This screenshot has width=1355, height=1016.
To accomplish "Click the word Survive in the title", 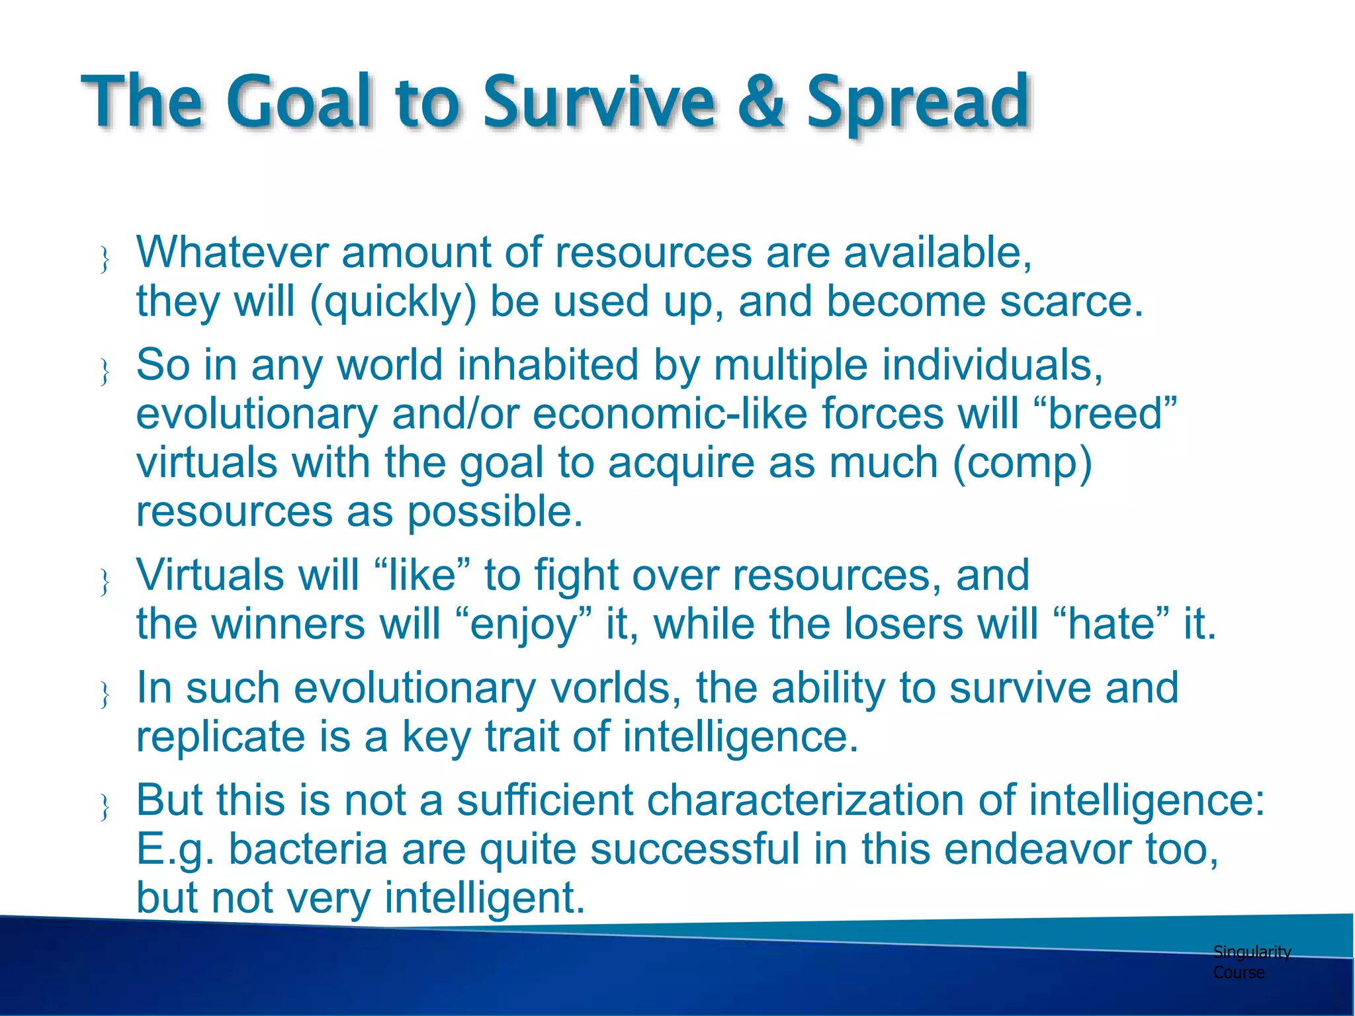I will point(599,103).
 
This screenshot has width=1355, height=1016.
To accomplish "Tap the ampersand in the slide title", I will point(761,103).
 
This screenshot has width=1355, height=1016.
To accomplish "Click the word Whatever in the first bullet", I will point(232,253).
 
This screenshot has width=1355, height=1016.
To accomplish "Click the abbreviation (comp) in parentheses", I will point(1022,463).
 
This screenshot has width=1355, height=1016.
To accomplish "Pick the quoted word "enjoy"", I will point(523,624).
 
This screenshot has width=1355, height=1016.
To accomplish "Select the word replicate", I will point(220,737).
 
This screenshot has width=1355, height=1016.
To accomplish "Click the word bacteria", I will point(308,849).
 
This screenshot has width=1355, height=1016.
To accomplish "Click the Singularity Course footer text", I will point(1250,962).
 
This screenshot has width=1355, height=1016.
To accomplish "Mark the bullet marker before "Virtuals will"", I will point(105,582).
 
